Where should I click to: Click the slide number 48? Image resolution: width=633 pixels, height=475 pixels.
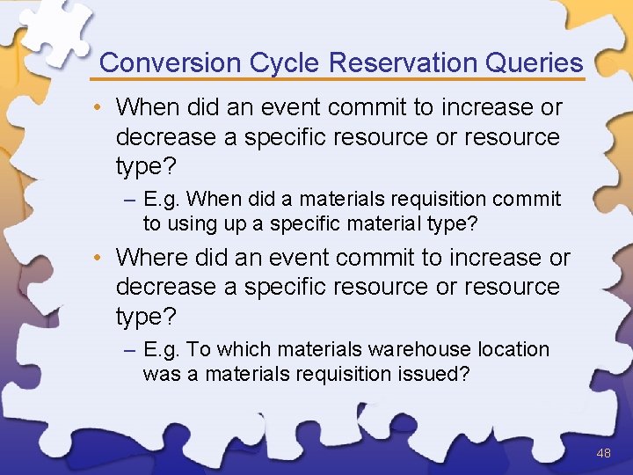click(x=603, y=453)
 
